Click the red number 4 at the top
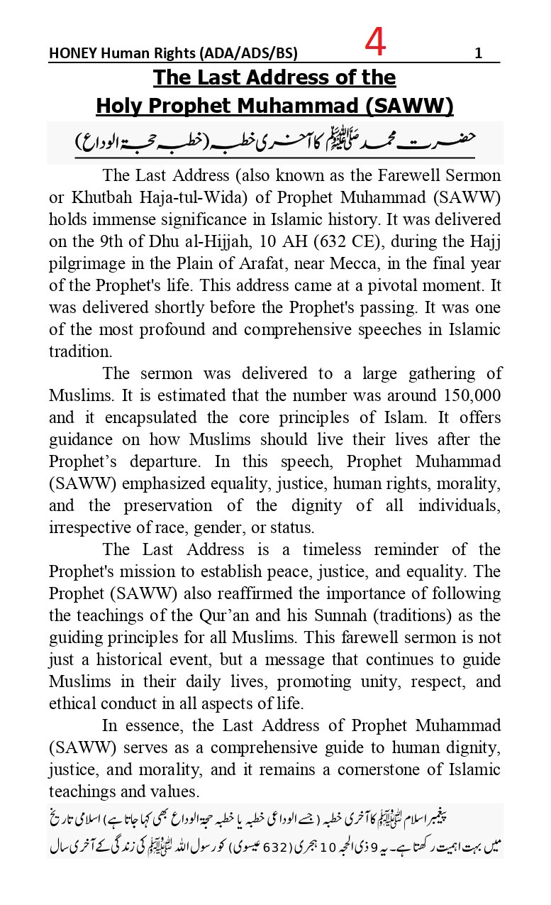[376, 43]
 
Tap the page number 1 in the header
[478, 54]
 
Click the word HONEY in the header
[70, 54]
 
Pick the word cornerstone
[397, 769]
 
